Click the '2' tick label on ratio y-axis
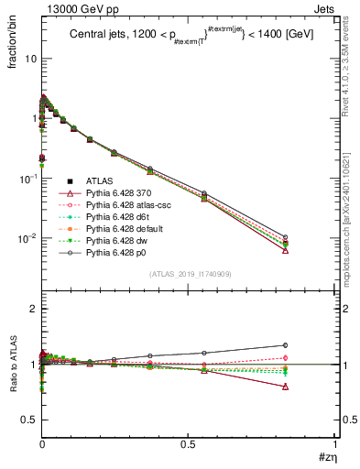31,309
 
